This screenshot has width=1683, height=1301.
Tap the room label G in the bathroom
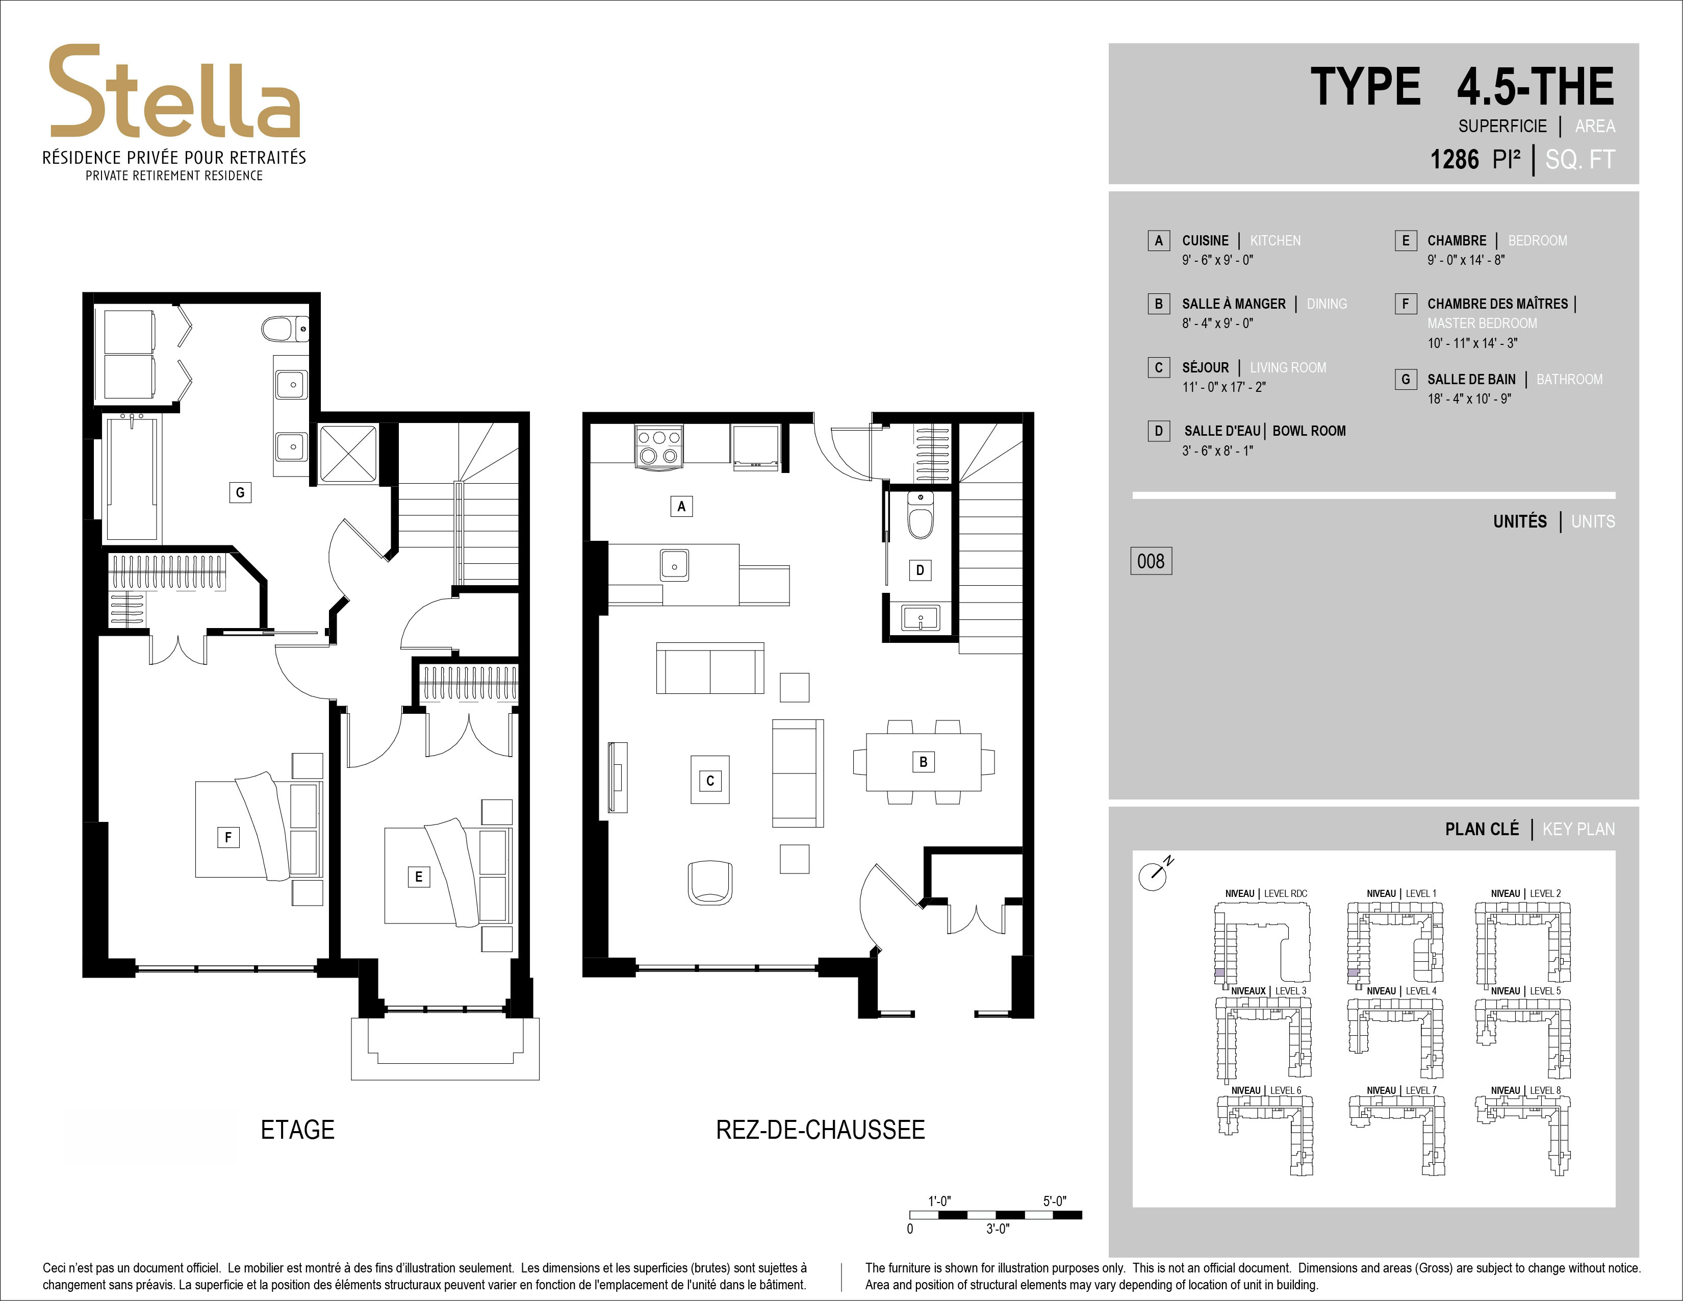240,492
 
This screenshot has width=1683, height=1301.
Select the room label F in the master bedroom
228,837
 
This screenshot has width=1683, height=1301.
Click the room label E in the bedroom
418,877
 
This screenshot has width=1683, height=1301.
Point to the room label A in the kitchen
681,507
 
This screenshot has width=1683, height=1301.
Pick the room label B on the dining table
923,762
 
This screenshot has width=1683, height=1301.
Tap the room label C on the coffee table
710,780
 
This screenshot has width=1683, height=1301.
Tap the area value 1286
1454,160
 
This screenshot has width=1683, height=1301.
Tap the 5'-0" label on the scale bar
1054,1201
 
